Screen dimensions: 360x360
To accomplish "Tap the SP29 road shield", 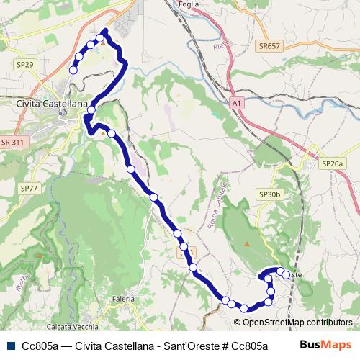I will [24, 65].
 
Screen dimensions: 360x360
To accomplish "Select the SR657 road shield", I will [268, 46].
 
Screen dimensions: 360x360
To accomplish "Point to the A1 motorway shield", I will [238, 104].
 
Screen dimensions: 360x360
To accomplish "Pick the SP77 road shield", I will [29, 188].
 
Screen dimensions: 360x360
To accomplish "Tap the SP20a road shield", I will [333, 164].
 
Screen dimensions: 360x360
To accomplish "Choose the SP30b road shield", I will [269, 194].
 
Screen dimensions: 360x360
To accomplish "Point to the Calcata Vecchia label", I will [74, 318].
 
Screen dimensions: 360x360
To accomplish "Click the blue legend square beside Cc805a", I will [10, 345].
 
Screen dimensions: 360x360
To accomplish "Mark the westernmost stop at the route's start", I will [73, 70].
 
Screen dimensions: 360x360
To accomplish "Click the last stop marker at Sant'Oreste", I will [286, 274].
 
